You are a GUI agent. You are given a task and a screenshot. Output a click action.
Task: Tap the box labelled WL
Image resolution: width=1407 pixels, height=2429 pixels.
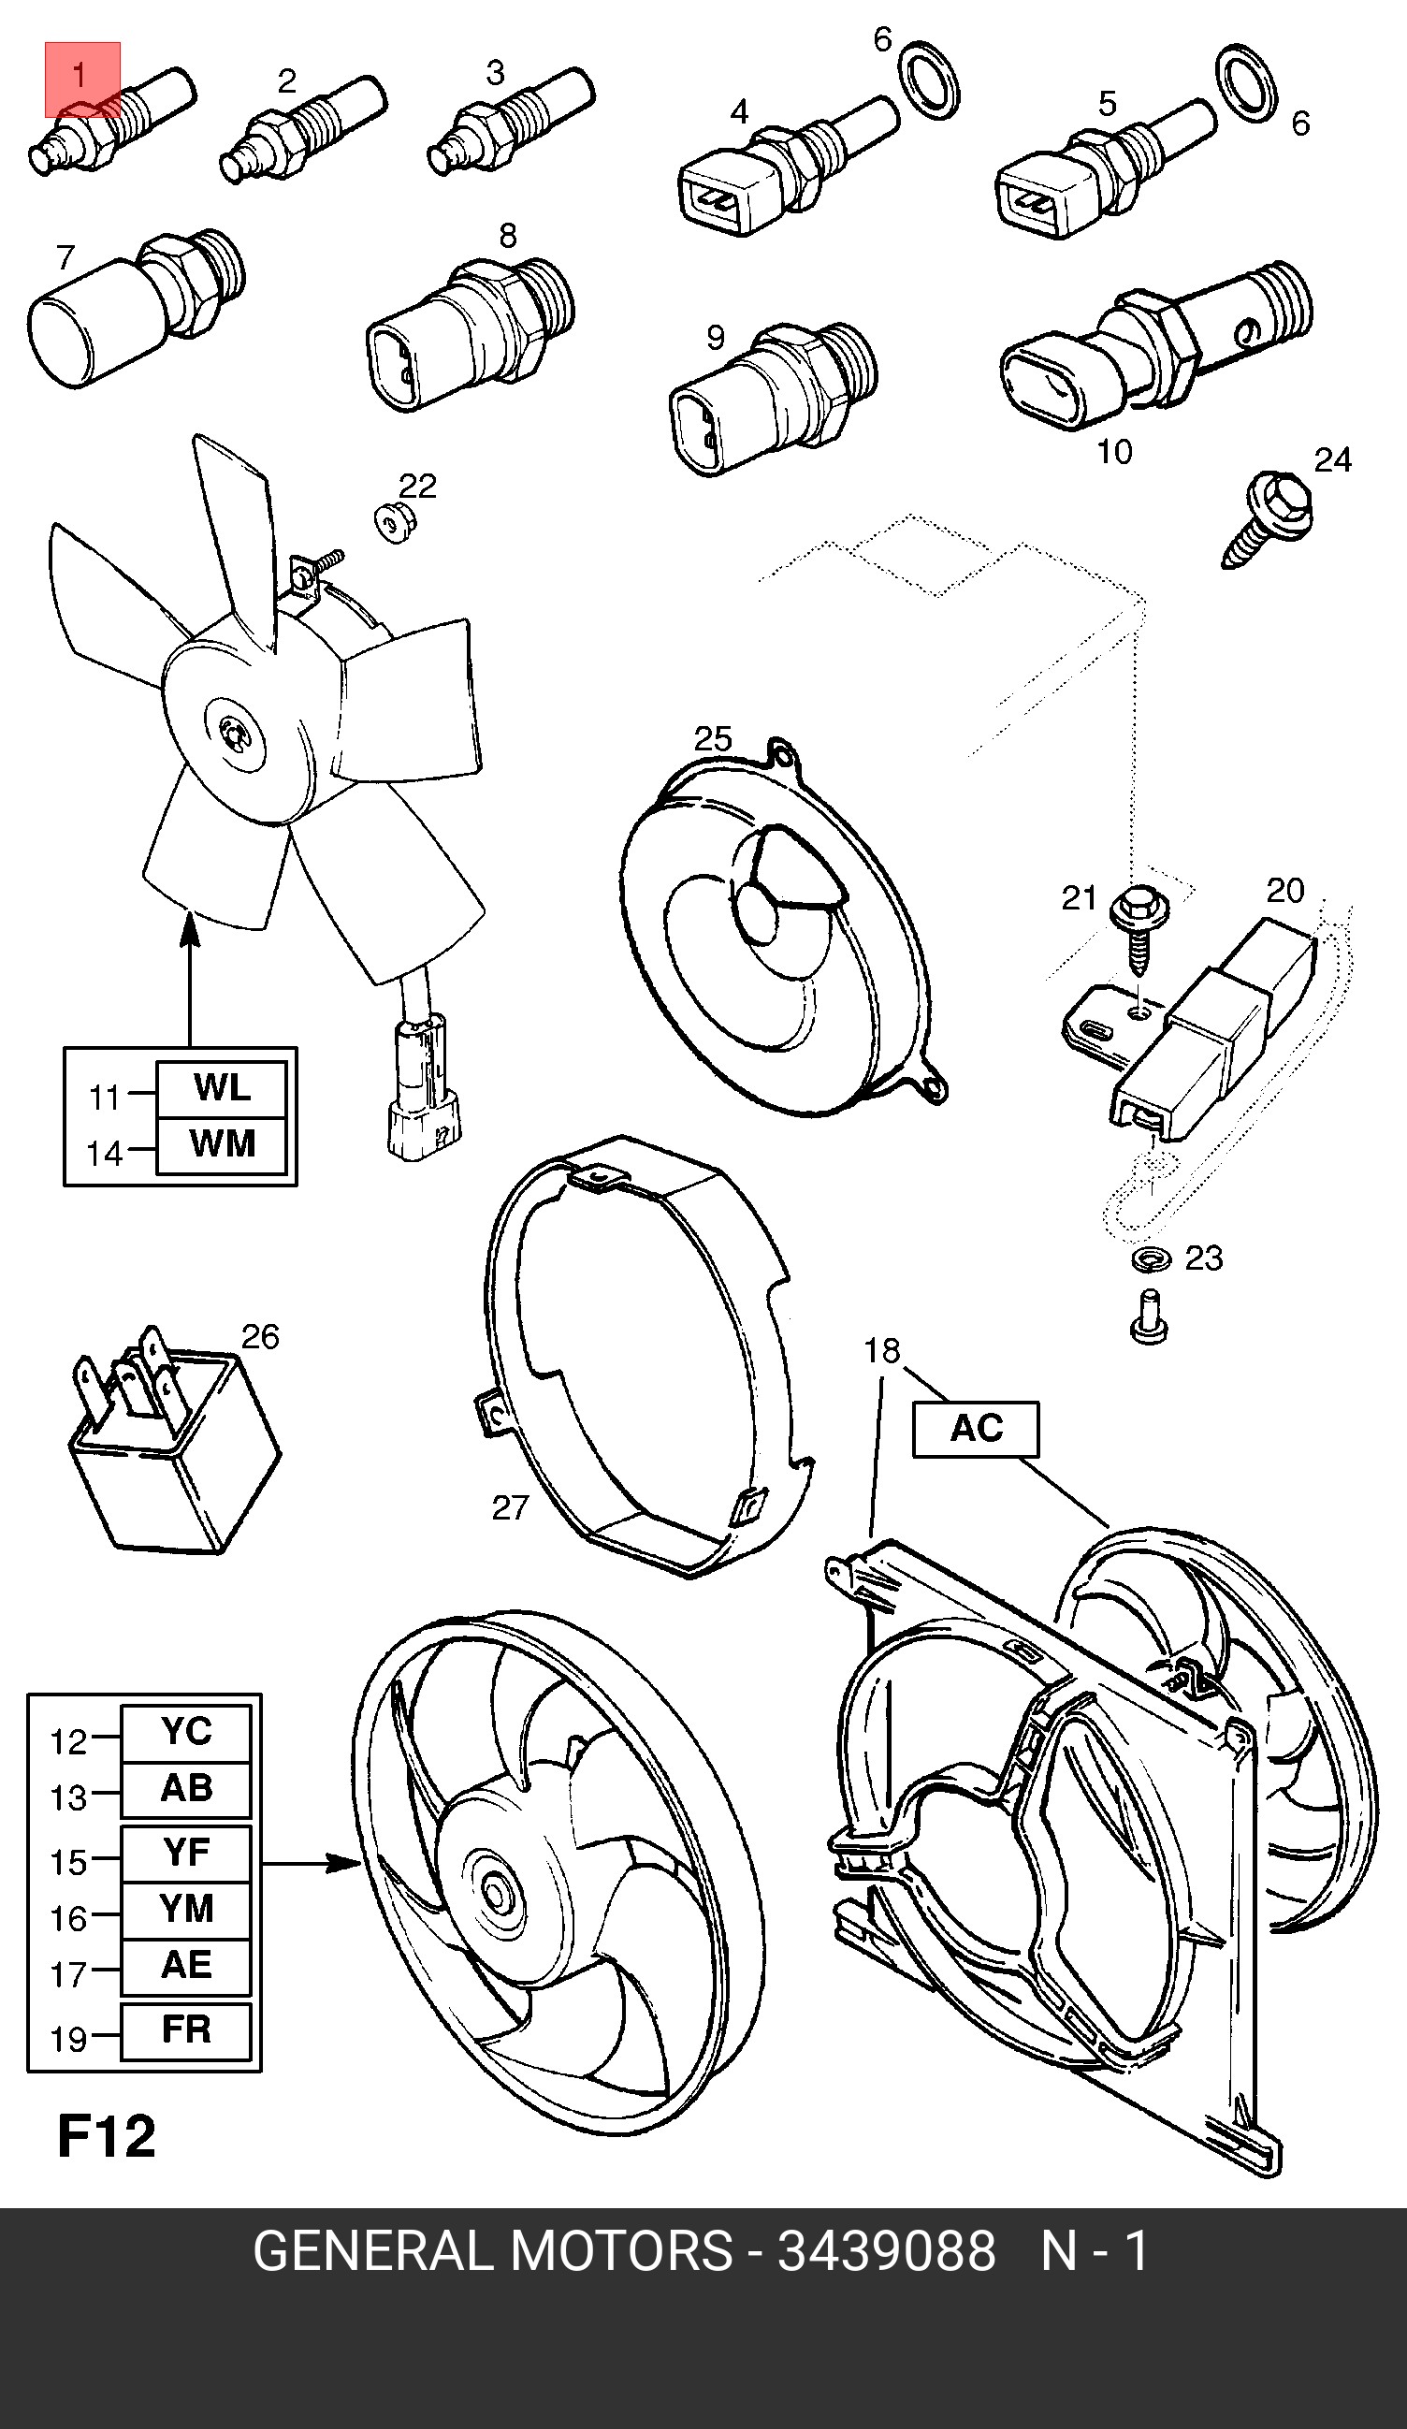pos(222,1088)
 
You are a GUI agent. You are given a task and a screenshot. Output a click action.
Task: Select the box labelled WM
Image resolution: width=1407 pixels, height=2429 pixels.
pos(222,1144)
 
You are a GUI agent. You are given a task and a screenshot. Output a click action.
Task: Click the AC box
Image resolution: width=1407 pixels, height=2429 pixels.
pos(975,1429)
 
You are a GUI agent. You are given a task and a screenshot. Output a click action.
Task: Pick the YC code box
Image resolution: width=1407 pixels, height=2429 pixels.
pos(186,1732)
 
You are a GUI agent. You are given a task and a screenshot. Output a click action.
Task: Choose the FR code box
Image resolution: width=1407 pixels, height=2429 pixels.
pos(186,2030)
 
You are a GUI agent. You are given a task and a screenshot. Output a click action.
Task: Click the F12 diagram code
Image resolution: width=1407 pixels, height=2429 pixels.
pos(106,2137)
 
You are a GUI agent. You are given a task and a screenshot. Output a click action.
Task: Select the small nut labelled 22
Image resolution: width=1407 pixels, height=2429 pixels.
pos(392,521)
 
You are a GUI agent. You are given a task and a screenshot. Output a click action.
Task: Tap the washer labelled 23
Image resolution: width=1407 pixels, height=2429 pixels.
pos(1150,1258)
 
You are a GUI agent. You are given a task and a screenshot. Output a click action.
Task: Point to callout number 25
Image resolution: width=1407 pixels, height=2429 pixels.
pos(713,739)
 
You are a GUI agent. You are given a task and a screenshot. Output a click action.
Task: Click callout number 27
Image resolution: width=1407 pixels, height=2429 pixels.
pos(510,1507)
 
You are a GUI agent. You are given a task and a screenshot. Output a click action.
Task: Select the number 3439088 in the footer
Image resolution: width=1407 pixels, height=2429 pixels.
pos(886,2252)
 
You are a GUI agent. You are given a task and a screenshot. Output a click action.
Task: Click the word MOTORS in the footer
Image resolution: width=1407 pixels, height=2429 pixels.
pos(619,2252)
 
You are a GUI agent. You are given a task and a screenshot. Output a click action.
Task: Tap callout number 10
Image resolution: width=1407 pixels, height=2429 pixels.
pos(1115,451)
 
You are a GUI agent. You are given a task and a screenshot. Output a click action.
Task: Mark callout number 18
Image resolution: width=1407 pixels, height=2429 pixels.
pos(882,1351)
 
